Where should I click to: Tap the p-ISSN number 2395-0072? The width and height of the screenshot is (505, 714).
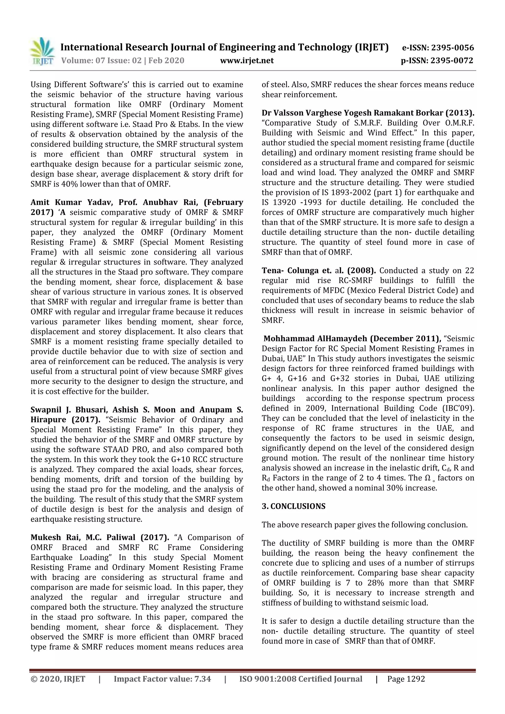coord(452,61)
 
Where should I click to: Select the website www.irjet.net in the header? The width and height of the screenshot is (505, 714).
coord(247,61)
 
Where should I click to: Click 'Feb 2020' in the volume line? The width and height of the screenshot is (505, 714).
coord(166,61)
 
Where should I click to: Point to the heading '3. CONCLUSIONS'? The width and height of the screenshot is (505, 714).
coord(293,506)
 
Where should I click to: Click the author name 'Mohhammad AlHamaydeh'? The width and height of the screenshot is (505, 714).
coord(316,338)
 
